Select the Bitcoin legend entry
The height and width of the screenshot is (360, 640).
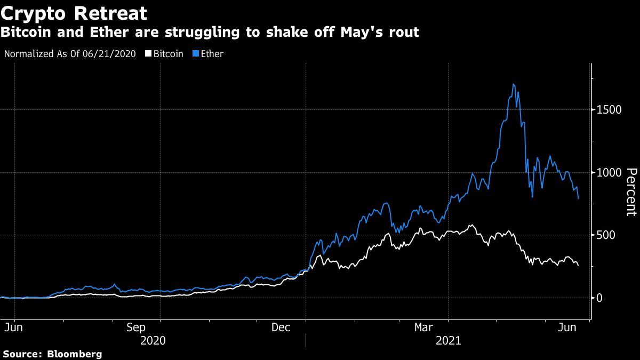(x=169, y=54)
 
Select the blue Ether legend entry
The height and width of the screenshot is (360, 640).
(x=212, y=54)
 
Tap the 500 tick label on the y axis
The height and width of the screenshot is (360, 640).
(x=605, y=235)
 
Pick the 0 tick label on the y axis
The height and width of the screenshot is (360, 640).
(x=599, y=298)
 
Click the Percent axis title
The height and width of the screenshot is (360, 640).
(x=631, y=192)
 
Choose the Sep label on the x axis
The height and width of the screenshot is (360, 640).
(x=136, y=327)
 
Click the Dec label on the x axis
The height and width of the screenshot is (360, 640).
(x=281, y=327)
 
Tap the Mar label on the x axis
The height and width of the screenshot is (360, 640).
(x=424, y=327)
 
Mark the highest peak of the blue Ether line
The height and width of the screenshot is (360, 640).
(x=513, y=84)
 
